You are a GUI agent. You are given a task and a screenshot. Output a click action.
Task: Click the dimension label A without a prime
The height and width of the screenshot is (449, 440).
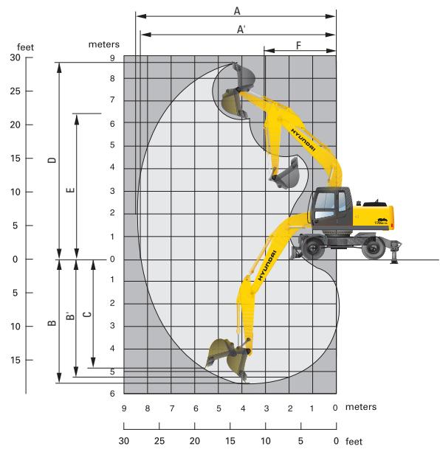point(237,10)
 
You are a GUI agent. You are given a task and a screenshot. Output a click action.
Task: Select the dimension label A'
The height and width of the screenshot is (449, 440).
point(241,29)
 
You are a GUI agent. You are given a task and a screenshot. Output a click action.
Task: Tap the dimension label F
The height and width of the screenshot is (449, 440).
point(298,46)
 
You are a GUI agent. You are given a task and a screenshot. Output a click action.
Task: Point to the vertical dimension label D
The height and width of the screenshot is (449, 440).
point(51,161)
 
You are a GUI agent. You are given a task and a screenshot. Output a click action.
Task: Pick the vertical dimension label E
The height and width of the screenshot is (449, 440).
point(69,189)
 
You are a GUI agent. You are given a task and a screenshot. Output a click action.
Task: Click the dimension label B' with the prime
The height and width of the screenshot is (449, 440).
point(69,317)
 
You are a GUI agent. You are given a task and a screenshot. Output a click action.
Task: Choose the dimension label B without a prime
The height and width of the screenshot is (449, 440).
point(51,322)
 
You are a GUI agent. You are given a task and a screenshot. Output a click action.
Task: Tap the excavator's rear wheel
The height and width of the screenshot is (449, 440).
point(374,249)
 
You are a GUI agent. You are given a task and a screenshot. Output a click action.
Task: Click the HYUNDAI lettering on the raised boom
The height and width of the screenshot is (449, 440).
point(303,138)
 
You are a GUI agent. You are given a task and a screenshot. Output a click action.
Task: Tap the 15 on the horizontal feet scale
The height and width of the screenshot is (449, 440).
point(230,441)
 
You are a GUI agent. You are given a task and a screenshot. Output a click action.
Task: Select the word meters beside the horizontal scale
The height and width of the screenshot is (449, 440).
point(361,407)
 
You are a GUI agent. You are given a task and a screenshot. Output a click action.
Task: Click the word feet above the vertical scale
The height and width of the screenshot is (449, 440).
point(25,47)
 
